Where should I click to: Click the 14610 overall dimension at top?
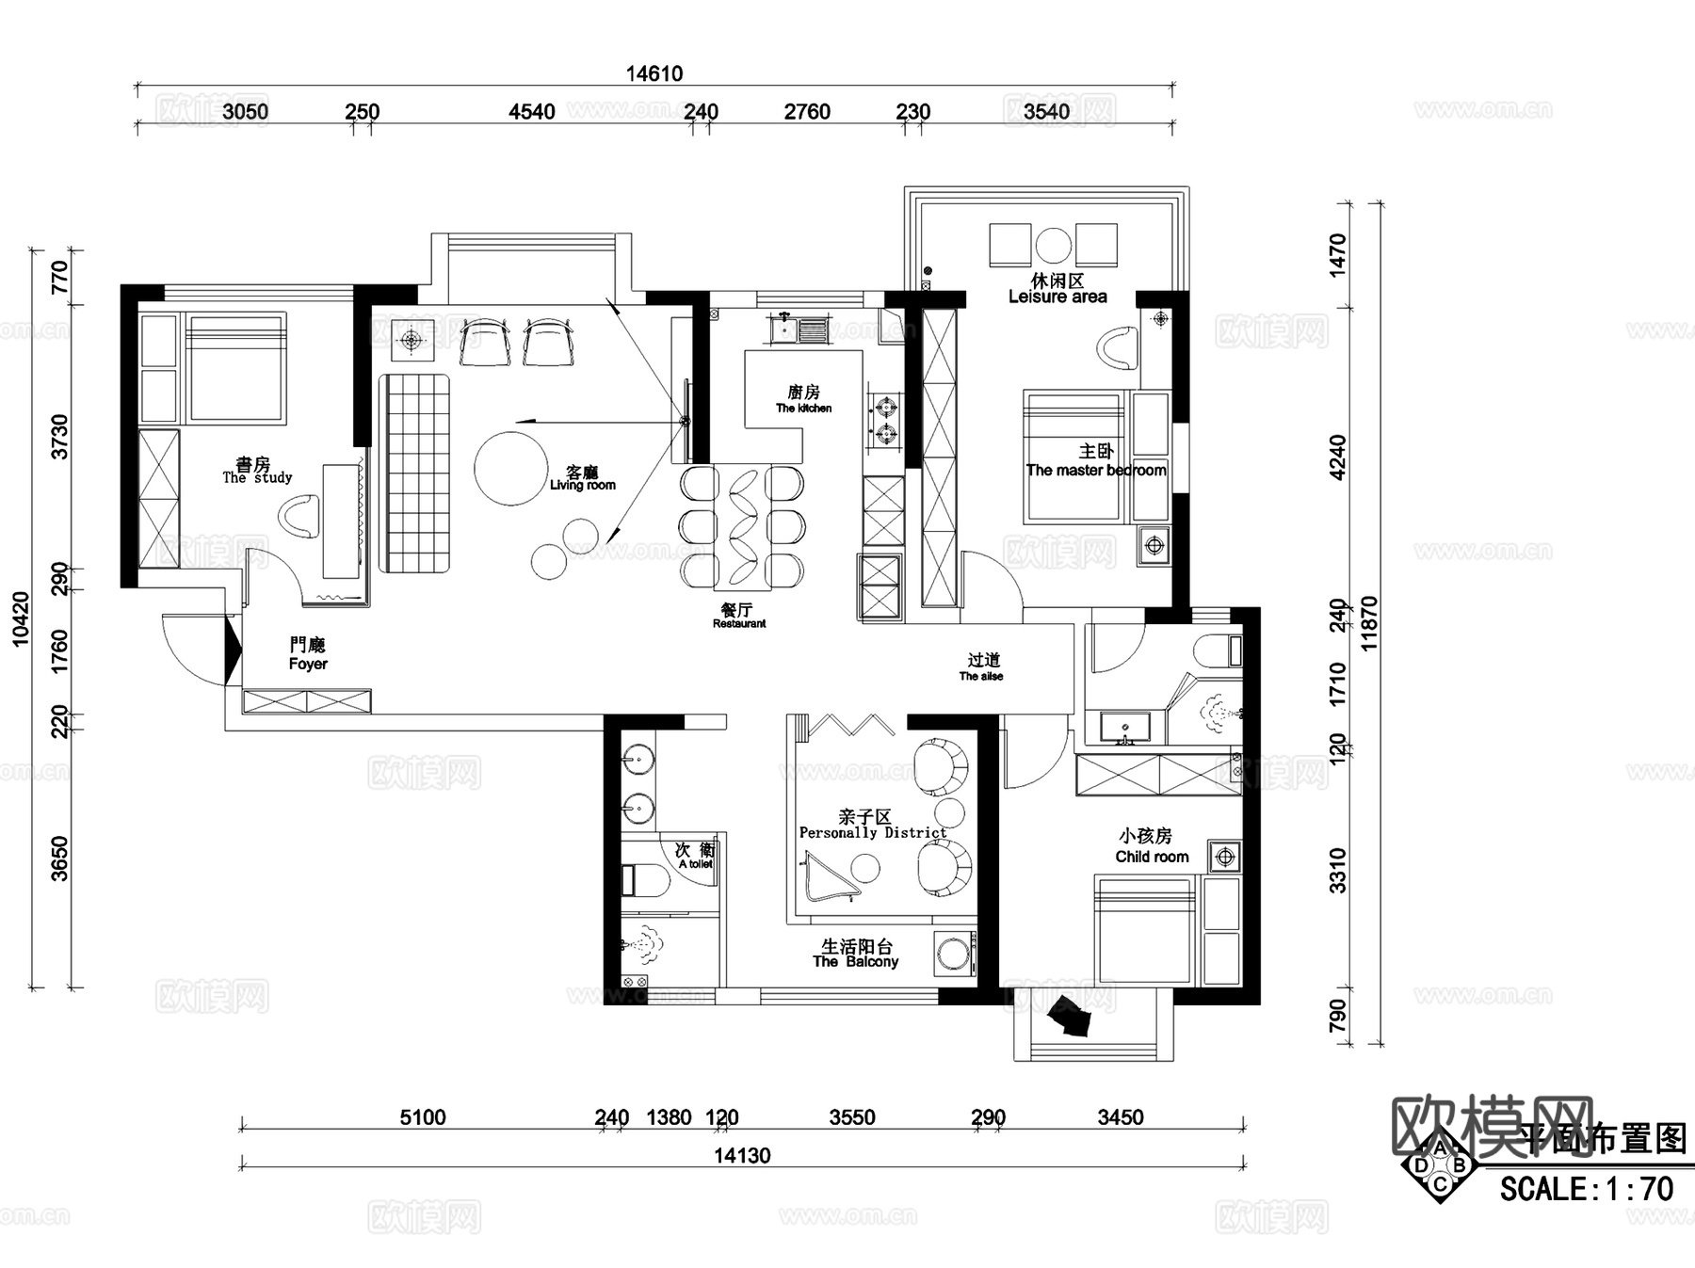(x=654, y=73)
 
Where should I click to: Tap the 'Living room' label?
(x=583, y=485)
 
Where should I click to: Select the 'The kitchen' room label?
(x=803, y=408)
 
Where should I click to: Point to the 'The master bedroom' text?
(x=1096, y=470)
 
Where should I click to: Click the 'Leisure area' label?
(x=1057, y=297)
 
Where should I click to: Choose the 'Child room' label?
(x=1152, y=857)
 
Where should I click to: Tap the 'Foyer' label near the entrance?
(x=308, y=664)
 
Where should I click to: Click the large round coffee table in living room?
(x=510, y=468)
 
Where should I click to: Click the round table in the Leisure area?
(x=1053, y=246)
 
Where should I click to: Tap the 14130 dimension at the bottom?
(x=742, y=1155)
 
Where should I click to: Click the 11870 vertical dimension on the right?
(x=1369, y=623)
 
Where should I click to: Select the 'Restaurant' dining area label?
(x=739, y=623)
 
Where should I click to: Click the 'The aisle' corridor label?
(x=981, y=676)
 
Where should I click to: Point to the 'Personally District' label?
(x=873, y=832)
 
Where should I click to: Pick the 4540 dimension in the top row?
(x=532, y=112)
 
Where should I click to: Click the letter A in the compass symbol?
(x=1440, y=1148)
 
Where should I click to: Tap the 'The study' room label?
(x=257, y=477)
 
